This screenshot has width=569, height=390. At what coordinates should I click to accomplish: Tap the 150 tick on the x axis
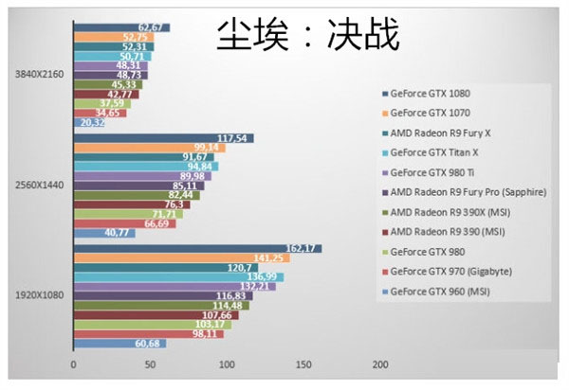click(x=303, y=365)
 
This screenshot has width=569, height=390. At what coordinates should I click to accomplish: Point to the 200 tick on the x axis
click(x=380, y=365)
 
